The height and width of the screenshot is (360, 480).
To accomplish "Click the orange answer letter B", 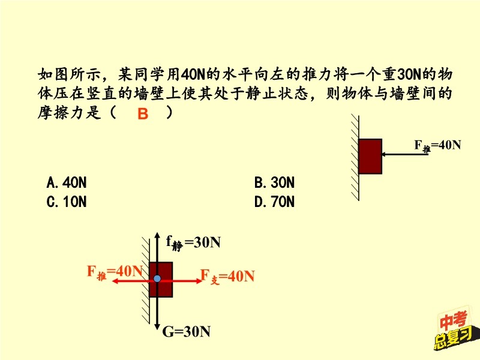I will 142,114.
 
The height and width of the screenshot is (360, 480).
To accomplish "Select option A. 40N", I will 67,182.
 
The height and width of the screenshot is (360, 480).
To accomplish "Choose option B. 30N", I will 274,182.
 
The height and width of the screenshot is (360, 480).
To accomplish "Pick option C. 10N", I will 67,202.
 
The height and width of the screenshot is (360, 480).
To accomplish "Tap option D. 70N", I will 274,202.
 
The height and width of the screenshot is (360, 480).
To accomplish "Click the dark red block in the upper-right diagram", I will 370,157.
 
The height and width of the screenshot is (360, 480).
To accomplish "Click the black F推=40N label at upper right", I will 437,145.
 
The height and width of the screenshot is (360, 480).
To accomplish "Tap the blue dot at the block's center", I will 157,278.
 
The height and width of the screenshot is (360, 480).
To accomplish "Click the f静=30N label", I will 193,242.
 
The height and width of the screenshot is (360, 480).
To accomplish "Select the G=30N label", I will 187,331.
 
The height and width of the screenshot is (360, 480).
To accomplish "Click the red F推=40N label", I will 115,271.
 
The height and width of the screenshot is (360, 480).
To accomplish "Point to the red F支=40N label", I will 227,276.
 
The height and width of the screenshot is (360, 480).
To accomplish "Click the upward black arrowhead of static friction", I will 157,235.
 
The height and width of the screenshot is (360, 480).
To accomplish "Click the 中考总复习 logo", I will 453,330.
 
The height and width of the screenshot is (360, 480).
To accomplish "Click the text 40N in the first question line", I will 193,75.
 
